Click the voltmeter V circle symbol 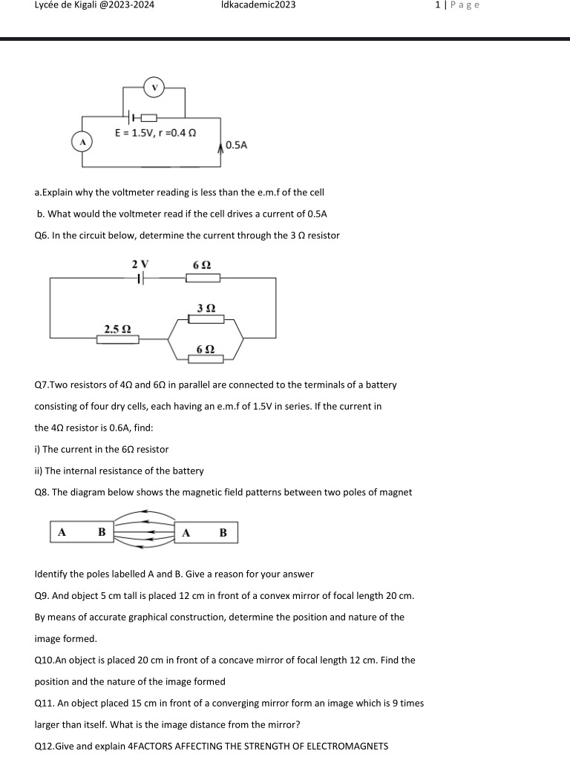[x=155, y=88]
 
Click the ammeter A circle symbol [x=83, y=141]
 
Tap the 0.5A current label [x=236, y=145]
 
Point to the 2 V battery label [x=140, y=264]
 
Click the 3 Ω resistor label [x=206, y=307]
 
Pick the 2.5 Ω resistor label [x=117, y=328]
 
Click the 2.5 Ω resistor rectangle [x=117, y=339]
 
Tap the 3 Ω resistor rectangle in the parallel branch [x=206, y=319]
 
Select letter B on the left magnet [x=102, y=532]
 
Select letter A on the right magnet [x=186, y=532]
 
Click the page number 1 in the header [x=439, y=5]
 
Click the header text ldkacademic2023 [x=258, y=5]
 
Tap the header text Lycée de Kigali [x=66, y=5]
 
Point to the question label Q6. [x=42, y=235]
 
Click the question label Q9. [x=42, y=595]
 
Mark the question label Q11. [x=45, y=702]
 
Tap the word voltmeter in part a [x=132, y=192]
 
